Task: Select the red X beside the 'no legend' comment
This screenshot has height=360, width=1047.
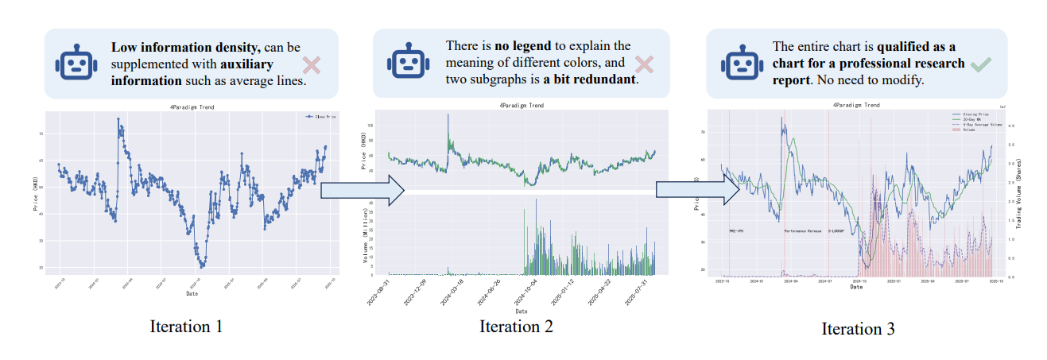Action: (644, 64)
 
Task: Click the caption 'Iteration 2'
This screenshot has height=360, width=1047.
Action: (516, 326)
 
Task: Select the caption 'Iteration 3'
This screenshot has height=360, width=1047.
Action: (858, 328)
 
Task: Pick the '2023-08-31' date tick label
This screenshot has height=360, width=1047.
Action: (383, 291)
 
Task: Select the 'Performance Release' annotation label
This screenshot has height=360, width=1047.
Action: (803, 230)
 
